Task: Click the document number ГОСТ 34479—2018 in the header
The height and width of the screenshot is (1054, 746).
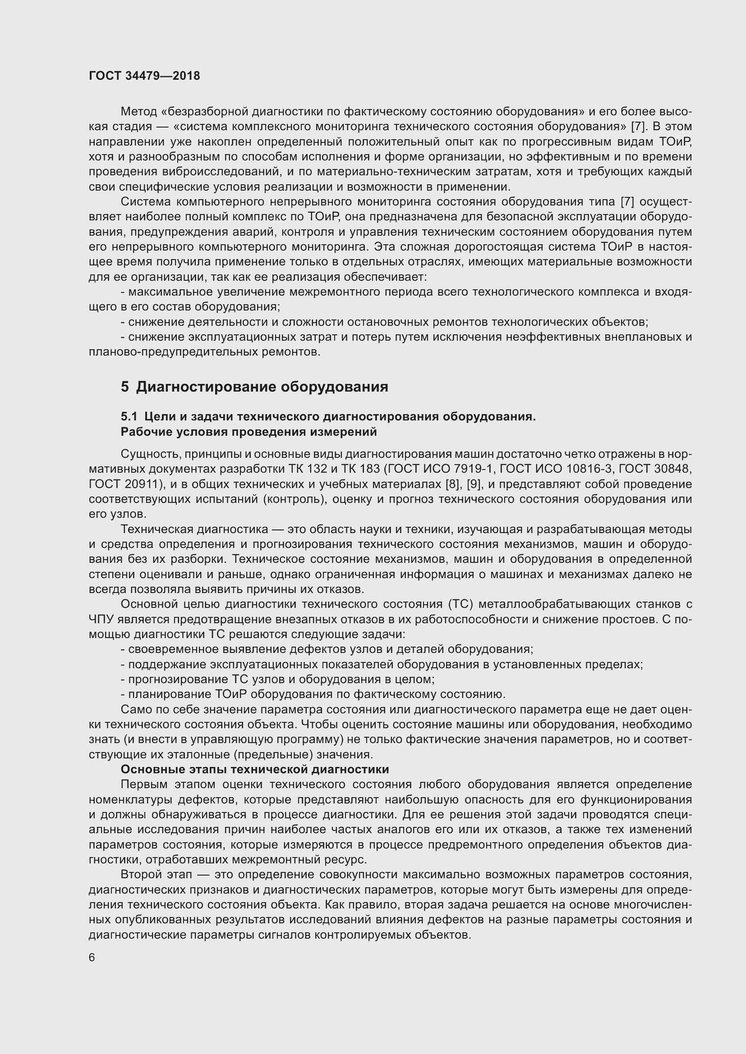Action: click(x=144, y=76)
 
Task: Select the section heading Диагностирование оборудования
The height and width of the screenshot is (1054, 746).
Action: click(x=262, y=387)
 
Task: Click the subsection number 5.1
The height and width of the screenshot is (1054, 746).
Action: click(x=129, y=416)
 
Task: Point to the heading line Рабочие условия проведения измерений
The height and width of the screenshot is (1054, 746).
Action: click(x=249, y=432)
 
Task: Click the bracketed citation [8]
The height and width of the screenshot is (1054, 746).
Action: click(x=453, y=484)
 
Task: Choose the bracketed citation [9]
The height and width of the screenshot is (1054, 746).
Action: click(x=474, y=484)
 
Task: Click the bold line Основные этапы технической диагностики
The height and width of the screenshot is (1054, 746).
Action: click(x=254, y=769)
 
